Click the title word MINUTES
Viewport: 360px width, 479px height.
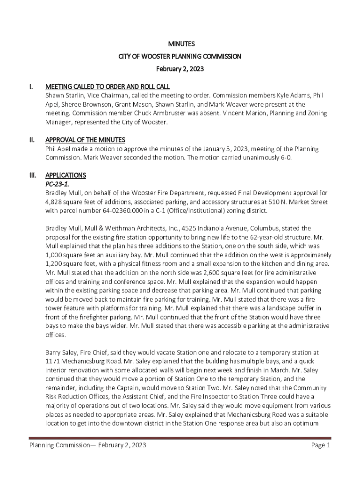181,44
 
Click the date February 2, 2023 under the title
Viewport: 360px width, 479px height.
181,69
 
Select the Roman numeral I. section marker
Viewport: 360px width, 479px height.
31,87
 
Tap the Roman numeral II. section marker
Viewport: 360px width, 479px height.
32,140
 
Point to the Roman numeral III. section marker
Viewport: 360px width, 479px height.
33,175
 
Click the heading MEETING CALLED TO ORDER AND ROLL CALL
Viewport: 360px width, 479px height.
107,87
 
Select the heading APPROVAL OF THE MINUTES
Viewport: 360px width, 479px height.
85,140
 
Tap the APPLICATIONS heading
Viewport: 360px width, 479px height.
65,175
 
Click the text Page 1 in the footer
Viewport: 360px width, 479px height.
321,445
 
